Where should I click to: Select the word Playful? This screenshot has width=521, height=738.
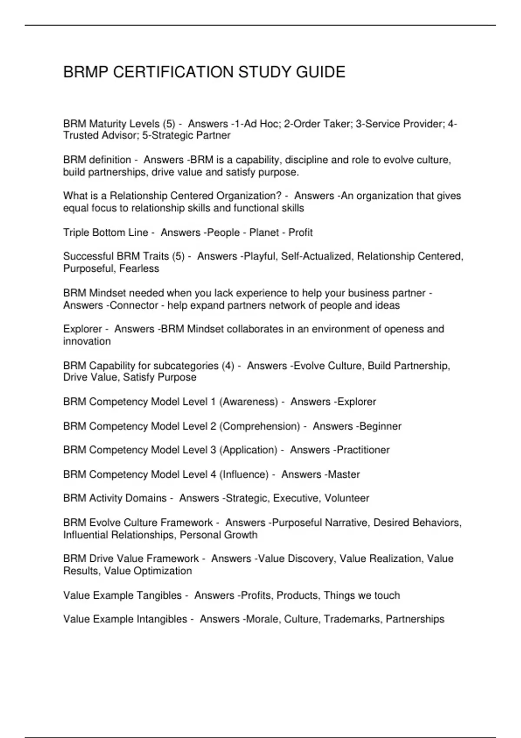[x=260, y=257]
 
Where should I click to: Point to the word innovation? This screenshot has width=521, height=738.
[x=87, y=342]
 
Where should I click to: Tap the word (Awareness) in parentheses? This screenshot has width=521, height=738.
[x=248, y=402]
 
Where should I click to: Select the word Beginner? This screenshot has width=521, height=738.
[x=380, y=426]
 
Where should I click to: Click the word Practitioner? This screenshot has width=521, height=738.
[x=363, y=450]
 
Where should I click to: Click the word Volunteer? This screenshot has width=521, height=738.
[x=347, y=498]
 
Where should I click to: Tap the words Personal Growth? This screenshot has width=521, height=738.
[x=218, y=535]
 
